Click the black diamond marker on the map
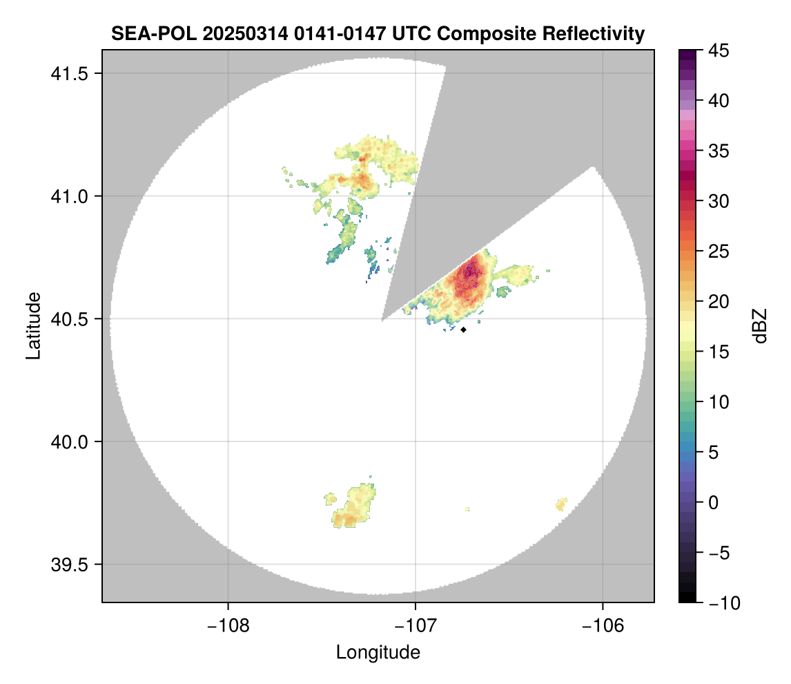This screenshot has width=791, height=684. tap(463, 330)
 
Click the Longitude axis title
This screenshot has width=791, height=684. tap(378, 652)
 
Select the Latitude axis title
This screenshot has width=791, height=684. tap(33, 325)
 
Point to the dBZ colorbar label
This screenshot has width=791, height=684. tap(760, 325)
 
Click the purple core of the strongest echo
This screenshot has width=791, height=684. tap(471, 269)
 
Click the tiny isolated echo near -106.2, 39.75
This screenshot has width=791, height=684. tap(561, 504)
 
